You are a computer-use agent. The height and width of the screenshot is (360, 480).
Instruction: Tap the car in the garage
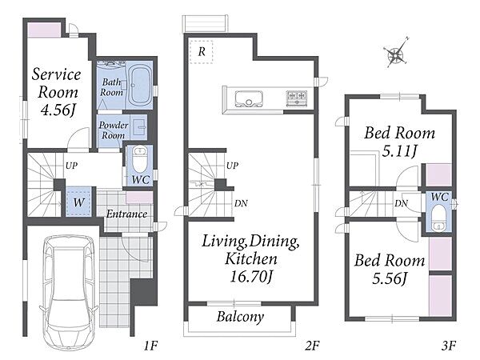69,292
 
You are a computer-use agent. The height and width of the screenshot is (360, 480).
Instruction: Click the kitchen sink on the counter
249,98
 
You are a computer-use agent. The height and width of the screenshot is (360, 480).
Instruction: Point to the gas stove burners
296,98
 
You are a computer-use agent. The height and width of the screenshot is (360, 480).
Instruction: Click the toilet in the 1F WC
139,160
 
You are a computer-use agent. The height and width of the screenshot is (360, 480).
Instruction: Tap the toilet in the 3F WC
439,218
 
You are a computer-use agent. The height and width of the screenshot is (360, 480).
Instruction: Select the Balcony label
240,317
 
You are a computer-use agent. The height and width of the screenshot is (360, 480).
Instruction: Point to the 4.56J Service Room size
58,110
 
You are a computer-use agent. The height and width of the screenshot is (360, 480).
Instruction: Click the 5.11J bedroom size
399,150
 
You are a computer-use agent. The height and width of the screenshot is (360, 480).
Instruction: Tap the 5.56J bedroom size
390,278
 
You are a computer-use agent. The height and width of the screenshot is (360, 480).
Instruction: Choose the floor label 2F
312,346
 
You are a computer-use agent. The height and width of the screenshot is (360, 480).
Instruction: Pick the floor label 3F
449,346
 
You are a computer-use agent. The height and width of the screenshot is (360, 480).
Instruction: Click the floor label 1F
150,346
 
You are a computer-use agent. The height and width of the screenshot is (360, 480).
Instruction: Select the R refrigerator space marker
201,52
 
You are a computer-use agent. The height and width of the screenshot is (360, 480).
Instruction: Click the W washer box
78,202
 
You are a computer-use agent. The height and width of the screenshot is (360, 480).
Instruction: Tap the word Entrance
126,214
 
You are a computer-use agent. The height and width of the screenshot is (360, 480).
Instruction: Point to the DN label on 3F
401,203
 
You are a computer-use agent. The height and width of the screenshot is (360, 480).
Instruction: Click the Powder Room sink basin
140,126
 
